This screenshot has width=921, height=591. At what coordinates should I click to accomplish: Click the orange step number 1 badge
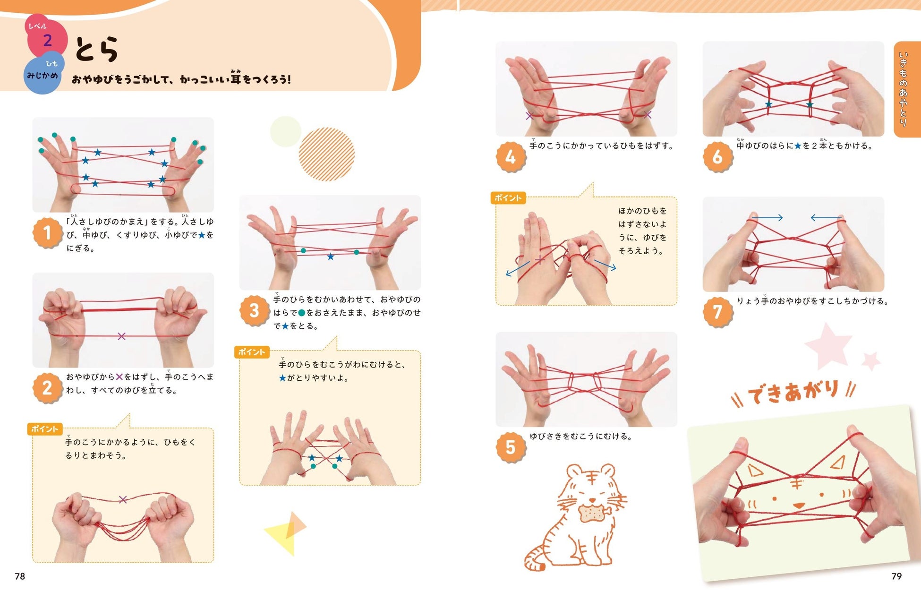tap(47, 233)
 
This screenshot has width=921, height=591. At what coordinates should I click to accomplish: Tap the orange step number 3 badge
tap(254, 310)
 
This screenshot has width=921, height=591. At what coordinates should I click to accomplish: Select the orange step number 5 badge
tap(511, 447)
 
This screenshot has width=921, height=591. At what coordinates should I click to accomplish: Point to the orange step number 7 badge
tap(717, 311)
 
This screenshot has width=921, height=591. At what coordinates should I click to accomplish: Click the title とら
tap(97, 49)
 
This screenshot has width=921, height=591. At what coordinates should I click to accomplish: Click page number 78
tap(20, 576)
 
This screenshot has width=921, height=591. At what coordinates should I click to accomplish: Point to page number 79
tap(896, 576)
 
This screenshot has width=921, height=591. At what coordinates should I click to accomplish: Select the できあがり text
tap(793, 392)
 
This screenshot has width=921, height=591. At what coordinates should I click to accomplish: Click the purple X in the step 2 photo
tap(121, 336)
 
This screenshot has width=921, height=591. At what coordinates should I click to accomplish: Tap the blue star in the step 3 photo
tap(331, 257)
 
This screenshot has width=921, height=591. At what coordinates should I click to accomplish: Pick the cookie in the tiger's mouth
tap(592, 513)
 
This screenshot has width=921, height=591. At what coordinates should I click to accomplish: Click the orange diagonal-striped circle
tap(326, 154)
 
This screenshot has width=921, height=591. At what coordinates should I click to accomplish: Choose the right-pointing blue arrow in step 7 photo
tap(767, 218)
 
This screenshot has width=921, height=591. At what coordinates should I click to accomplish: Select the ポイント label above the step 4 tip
tap(508, 198)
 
